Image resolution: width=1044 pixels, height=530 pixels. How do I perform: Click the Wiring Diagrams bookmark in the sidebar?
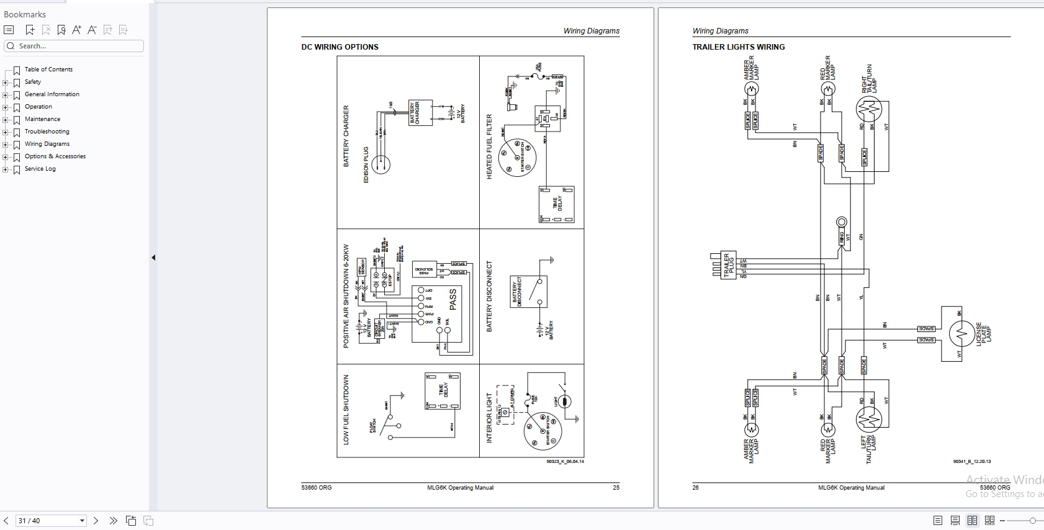(x=47, y=144)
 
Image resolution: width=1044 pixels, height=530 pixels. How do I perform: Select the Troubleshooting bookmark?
(x=47, y=132)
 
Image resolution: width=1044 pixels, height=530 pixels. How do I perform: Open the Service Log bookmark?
(x=40, y=169)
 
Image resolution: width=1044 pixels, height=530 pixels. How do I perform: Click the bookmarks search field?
(x=74, y=46)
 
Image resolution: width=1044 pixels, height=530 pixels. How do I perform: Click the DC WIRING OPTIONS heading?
(x=340, y=47)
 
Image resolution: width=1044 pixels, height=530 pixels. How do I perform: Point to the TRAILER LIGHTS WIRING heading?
(x=738, y=47)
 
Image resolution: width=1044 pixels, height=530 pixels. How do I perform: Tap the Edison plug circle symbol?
(x=381, y=164)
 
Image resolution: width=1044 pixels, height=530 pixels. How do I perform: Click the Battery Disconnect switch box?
(x=528, y=292)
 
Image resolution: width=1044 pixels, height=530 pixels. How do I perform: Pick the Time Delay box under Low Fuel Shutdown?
(x=443, y=391)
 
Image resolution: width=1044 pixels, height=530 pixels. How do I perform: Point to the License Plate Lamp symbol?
(x=961, y=334)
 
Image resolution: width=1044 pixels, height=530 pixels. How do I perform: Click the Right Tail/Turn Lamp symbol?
(x=869, y=110)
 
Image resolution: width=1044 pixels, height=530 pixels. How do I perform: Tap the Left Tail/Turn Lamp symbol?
(x=869, y=420)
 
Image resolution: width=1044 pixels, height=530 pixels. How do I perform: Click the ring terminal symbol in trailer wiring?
(x=842, y=222)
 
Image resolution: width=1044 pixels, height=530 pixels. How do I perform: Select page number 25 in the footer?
(x=616, y=488)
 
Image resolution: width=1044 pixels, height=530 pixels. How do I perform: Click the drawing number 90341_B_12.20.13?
(x=972, y=462)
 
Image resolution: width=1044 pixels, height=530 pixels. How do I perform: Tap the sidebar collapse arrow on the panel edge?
(x=153, y=258)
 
